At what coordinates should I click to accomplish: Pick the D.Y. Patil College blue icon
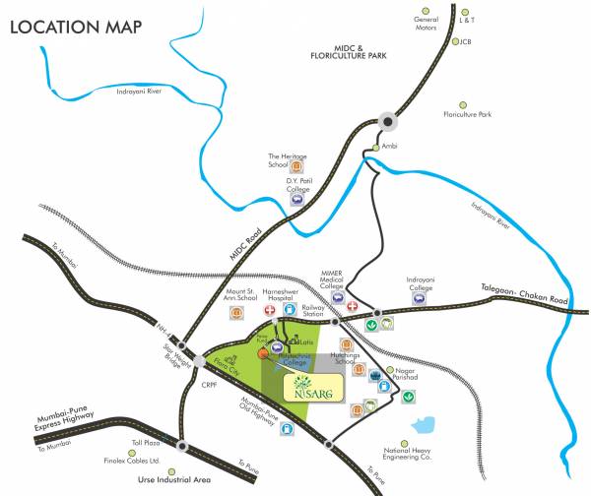click(295, 198)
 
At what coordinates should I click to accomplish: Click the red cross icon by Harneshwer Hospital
click(268, 309)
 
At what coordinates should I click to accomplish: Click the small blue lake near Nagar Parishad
click(427, 425)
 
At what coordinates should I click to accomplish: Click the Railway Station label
click(312, 313)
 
